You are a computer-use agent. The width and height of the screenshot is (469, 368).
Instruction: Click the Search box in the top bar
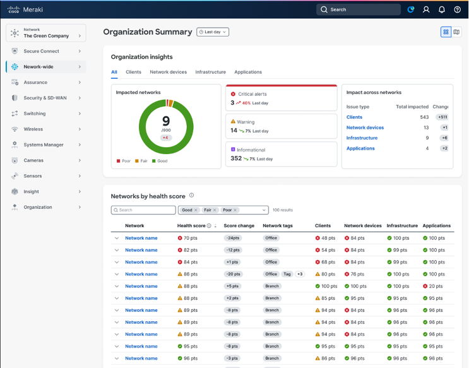point(358,9)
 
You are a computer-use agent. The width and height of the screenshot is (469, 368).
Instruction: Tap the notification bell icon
point(442,9)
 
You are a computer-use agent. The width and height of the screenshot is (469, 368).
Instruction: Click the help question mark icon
point(458,9)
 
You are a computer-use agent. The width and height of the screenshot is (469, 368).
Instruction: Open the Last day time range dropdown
point(213,32)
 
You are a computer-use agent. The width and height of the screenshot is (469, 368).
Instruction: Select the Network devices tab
point(168,72)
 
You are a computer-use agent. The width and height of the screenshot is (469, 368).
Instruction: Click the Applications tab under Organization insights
point(248,72)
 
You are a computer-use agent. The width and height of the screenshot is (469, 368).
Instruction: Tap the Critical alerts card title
point(252,94)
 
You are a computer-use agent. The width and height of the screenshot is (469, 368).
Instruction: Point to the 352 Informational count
point(236,158)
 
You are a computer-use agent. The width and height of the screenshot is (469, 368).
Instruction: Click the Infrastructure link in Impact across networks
point(362,138)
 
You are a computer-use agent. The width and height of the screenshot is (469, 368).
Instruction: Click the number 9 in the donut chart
point(166,121)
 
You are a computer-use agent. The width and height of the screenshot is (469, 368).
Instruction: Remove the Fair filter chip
point(215,210)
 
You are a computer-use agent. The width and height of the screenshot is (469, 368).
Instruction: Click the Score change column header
point(239,225)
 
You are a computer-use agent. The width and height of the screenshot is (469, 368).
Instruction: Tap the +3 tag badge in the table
point(300,274)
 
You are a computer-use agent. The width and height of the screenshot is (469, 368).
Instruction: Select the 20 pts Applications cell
point(436,286)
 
